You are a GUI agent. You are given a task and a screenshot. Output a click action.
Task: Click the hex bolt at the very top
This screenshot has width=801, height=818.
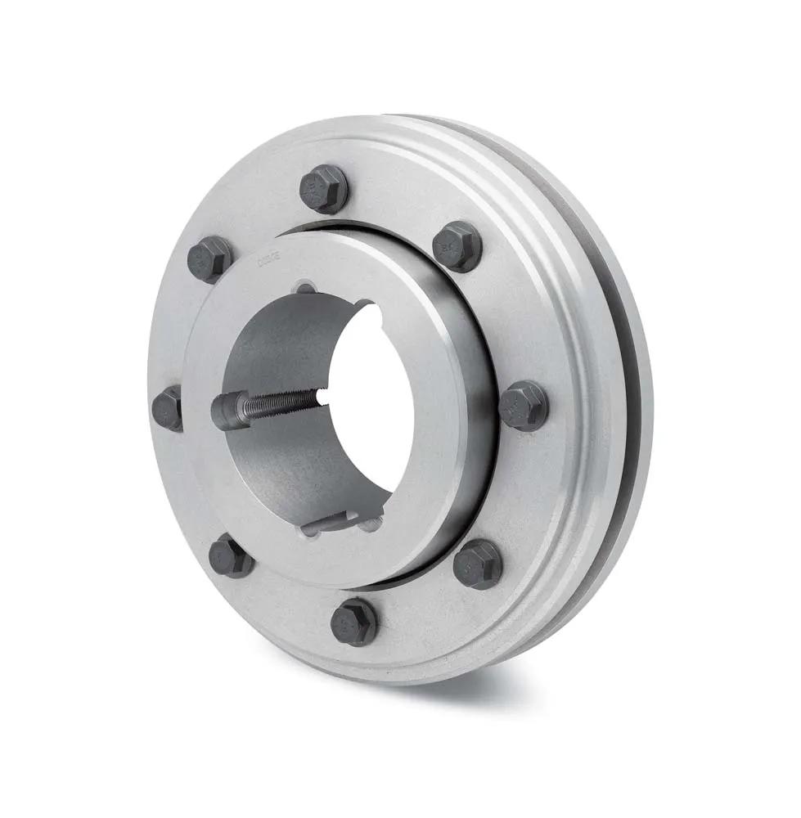pos(324,189)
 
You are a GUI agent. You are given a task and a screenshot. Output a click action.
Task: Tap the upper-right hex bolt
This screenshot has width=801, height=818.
pos(457,245)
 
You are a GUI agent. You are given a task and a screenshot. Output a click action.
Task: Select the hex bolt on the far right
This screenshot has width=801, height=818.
pos(524,405)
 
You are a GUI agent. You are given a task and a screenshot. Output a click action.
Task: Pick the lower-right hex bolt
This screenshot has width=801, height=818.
pos(478,564)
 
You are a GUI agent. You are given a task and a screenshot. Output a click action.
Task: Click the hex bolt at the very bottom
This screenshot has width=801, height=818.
pos(353,622)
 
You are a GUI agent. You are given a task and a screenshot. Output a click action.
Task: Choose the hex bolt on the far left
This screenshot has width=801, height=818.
pos(169,408)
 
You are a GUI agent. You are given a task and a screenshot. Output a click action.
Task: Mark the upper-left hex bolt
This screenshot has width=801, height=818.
pos(209,259)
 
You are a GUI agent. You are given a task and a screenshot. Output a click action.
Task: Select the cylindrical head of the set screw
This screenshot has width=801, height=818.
pos(230,410)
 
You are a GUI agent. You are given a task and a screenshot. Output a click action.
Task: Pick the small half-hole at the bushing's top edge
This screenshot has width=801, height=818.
pos(304,287)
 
